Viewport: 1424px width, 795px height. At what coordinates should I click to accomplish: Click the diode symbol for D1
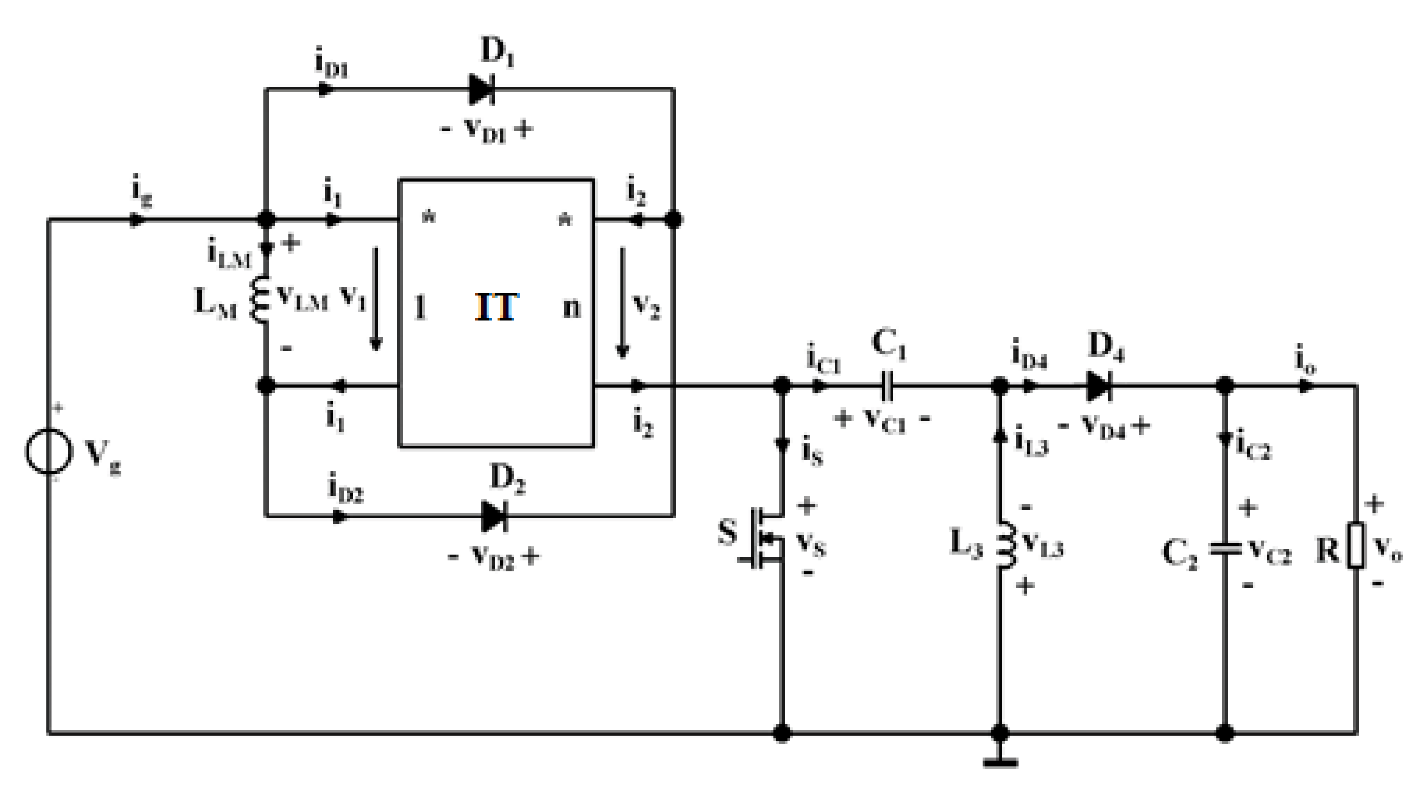[x=481, y=89]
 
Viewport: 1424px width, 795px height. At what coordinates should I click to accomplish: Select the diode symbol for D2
[x=493, y=517]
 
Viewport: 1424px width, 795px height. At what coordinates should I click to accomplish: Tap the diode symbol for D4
[x=1098, y=386]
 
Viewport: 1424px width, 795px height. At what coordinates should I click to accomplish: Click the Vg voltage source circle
[x=48, y=452]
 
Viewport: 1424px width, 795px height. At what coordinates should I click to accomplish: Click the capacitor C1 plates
[x=887, y=386]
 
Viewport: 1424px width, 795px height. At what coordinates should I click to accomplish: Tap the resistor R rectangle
[x=1355, y=545]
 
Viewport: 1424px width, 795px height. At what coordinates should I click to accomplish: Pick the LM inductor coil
[x=260, y=300]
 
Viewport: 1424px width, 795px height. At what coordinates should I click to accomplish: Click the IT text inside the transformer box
[x=497, y=307]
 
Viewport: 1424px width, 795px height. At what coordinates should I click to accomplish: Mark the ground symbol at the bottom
[x=1000, y=762]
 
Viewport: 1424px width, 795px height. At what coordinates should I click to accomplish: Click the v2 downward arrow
[x=622, y=303]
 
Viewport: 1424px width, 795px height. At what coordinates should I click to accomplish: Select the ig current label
[x=142, y=190]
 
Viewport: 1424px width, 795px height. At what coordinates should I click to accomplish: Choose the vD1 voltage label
[x=487, y=131]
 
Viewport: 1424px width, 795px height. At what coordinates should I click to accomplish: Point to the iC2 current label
[x=1253, y=445]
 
